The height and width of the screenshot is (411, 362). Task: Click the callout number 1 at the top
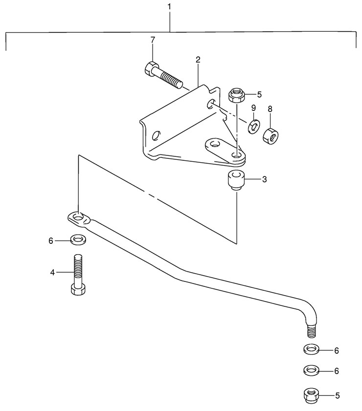point(169,7)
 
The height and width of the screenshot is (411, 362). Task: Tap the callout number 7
point(152,40)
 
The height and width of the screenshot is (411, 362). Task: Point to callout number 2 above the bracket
point(198,60)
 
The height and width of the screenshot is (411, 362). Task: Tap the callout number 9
point(253,108)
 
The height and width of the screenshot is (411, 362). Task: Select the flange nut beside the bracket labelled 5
point(237,94)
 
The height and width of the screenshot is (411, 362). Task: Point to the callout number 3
point(264,179)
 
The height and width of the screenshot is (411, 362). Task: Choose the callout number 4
point(52,272)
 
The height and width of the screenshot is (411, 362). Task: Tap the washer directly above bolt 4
point(78,240)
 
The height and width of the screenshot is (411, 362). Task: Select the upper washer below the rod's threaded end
point(311,350)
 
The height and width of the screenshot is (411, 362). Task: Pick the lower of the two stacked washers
point(311,370)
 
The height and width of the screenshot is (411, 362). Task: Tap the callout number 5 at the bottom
point(337,395)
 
